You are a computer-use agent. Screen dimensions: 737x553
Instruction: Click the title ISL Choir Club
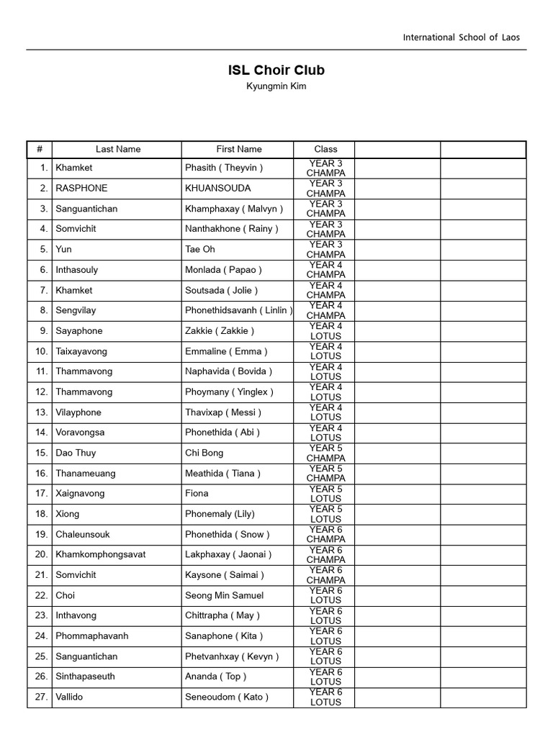click(x=276, y=71)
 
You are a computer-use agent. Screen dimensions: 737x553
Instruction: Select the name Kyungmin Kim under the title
click(x=276, y=86)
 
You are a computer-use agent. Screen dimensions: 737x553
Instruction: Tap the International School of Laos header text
click(x=461, y=37)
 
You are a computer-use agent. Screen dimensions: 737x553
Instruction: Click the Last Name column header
click(x=117, y=149)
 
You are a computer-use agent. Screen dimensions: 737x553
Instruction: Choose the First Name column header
click(x=238, y=149)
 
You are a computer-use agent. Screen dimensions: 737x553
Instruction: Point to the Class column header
click(x=325, y=149)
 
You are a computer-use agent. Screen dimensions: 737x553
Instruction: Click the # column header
click(x=40, y=149)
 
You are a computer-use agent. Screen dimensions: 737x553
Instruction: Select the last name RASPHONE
click(x=81, y=188)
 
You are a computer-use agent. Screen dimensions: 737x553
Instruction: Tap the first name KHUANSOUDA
click(x=218, y=188)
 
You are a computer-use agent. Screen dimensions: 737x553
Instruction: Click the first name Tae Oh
click(x=200, y=249)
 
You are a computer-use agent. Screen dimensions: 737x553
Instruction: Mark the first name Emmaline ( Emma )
click(x=226, y=351)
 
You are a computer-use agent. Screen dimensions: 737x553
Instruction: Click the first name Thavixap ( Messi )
click(x=223, y=412)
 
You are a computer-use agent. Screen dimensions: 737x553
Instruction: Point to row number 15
click(x=41, y=453)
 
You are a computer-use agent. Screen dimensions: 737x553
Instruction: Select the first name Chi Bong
click(x=204, y=453)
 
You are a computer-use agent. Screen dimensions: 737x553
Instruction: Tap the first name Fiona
click(x=197, y=494)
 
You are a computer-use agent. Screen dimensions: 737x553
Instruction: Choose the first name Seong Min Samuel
click(x=225, y=595)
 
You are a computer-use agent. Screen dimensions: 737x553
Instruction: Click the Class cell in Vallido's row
click(x=325, y=697)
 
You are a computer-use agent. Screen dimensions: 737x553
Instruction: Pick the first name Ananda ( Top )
click(x=216, y=677)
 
